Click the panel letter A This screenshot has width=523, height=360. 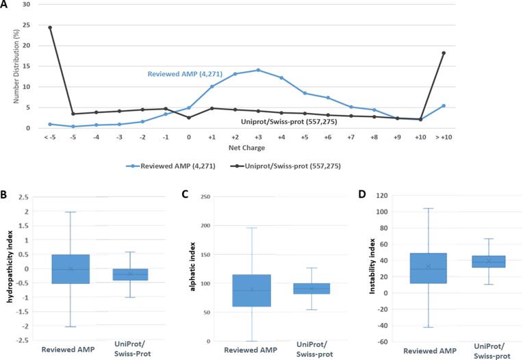coord(5,5)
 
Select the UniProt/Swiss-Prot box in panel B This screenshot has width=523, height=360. coord(131,274)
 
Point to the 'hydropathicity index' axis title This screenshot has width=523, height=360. coord(8,268)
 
